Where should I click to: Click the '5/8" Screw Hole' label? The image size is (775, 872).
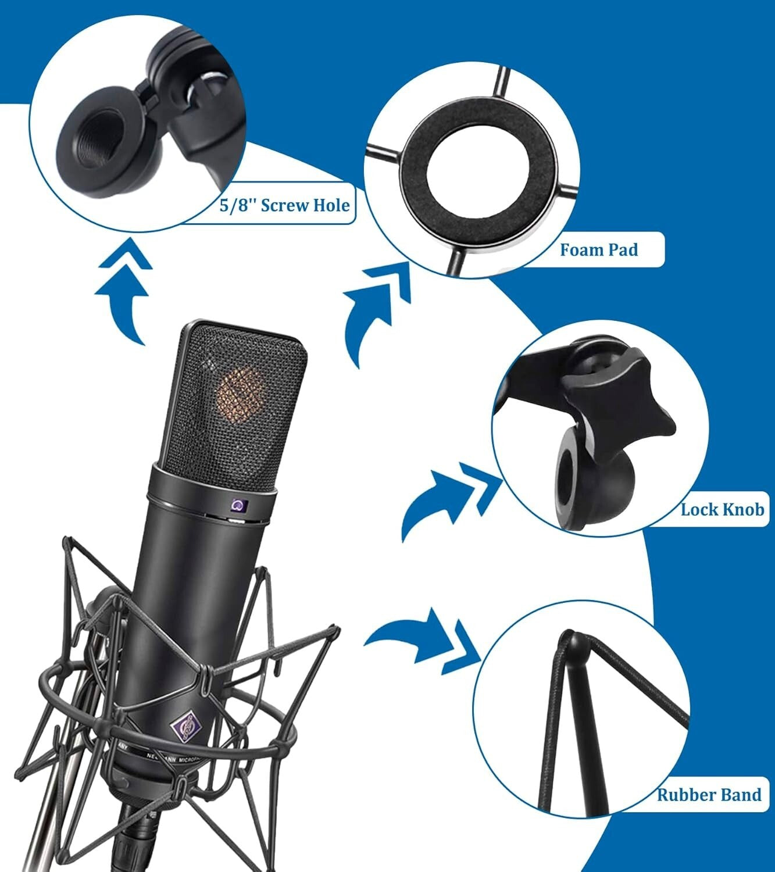(x=285, y=205)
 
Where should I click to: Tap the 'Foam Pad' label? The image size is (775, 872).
(x=598, y=250)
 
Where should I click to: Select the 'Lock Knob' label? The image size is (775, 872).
(x=722, y=510)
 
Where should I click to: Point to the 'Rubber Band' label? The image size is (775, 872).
(x=709, y=794)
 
